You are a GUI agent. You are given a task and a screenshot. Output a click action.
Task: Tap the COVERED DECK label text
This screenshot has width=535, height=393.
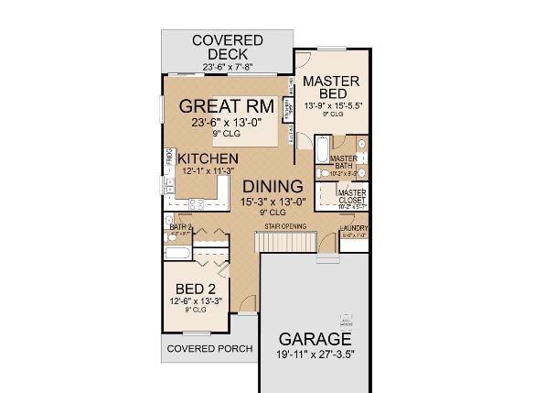[x=227, y=47]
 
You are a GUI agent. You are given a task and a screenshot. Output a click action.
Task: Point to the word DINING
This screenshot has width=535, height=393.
[x=272, y=187]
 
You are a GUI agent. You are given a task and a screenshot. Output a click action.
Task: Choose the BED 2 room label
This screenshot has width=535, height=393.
[x=195, y=288]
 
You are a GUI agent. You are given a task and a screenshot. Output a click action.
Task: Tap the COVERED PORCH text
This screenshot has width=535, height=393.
[x=209, y=349]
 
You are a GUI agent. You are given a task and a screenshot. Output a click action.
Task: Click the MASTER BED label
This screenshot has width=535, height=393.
[x=331, y=87]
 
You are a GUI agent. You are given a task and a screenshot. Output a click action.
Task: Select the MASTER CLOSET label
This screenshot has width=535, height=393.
[x=352, y=196]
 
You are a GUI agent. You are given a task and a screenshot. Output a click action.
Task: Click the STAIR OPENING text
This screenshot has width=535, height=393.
[x=285, y=225]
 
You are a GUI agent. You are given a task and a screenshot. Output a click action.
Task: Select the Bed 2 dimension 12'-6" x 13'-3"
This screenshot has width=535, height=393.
[x=195, y=300]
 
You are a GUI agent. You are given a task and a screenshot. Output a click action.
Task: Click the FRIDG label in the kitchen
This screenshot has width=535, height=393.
[x=169, y=159]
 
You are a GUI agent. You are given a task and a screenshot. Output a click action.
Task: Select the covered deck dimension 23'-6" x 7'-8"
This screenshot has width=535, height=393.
[x=227, y=66]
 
